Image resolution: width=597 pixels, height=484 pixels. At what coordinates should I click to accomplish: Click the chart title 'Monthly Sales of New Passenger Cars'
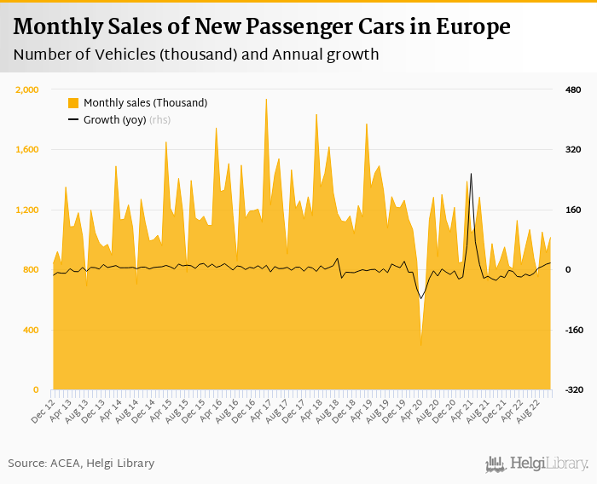point(262,27)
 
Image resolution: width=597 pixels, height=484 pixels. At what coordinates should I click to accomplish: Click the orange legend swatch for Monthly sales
point(73,103)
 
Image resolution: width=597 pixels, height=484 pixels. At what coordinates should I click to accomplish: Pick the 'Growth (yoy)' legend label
point(114,120)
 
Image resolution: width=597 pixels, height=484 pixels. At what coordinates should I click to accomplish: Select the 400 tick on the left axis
point(32,330)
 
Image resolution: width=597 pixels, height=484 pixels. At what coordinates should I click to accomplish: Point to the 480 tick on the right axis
point(573,89)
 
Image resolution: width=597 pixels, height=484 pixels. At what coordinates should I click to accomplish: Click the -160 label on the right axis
point(572,330)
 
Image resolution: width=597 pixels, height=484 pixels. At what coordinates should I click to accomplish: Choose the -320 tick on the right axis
point(572,390)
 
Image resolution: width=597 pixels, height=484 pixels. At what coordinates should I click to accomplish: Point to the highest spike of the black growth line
point(471,175)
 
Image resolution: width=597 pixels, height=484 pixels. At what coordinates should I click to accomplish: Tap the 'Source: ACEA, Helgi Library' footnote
point(82,463)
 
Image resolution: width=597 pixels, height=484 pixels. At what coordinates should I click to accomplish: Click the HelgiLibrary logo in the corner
point(537,464)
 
